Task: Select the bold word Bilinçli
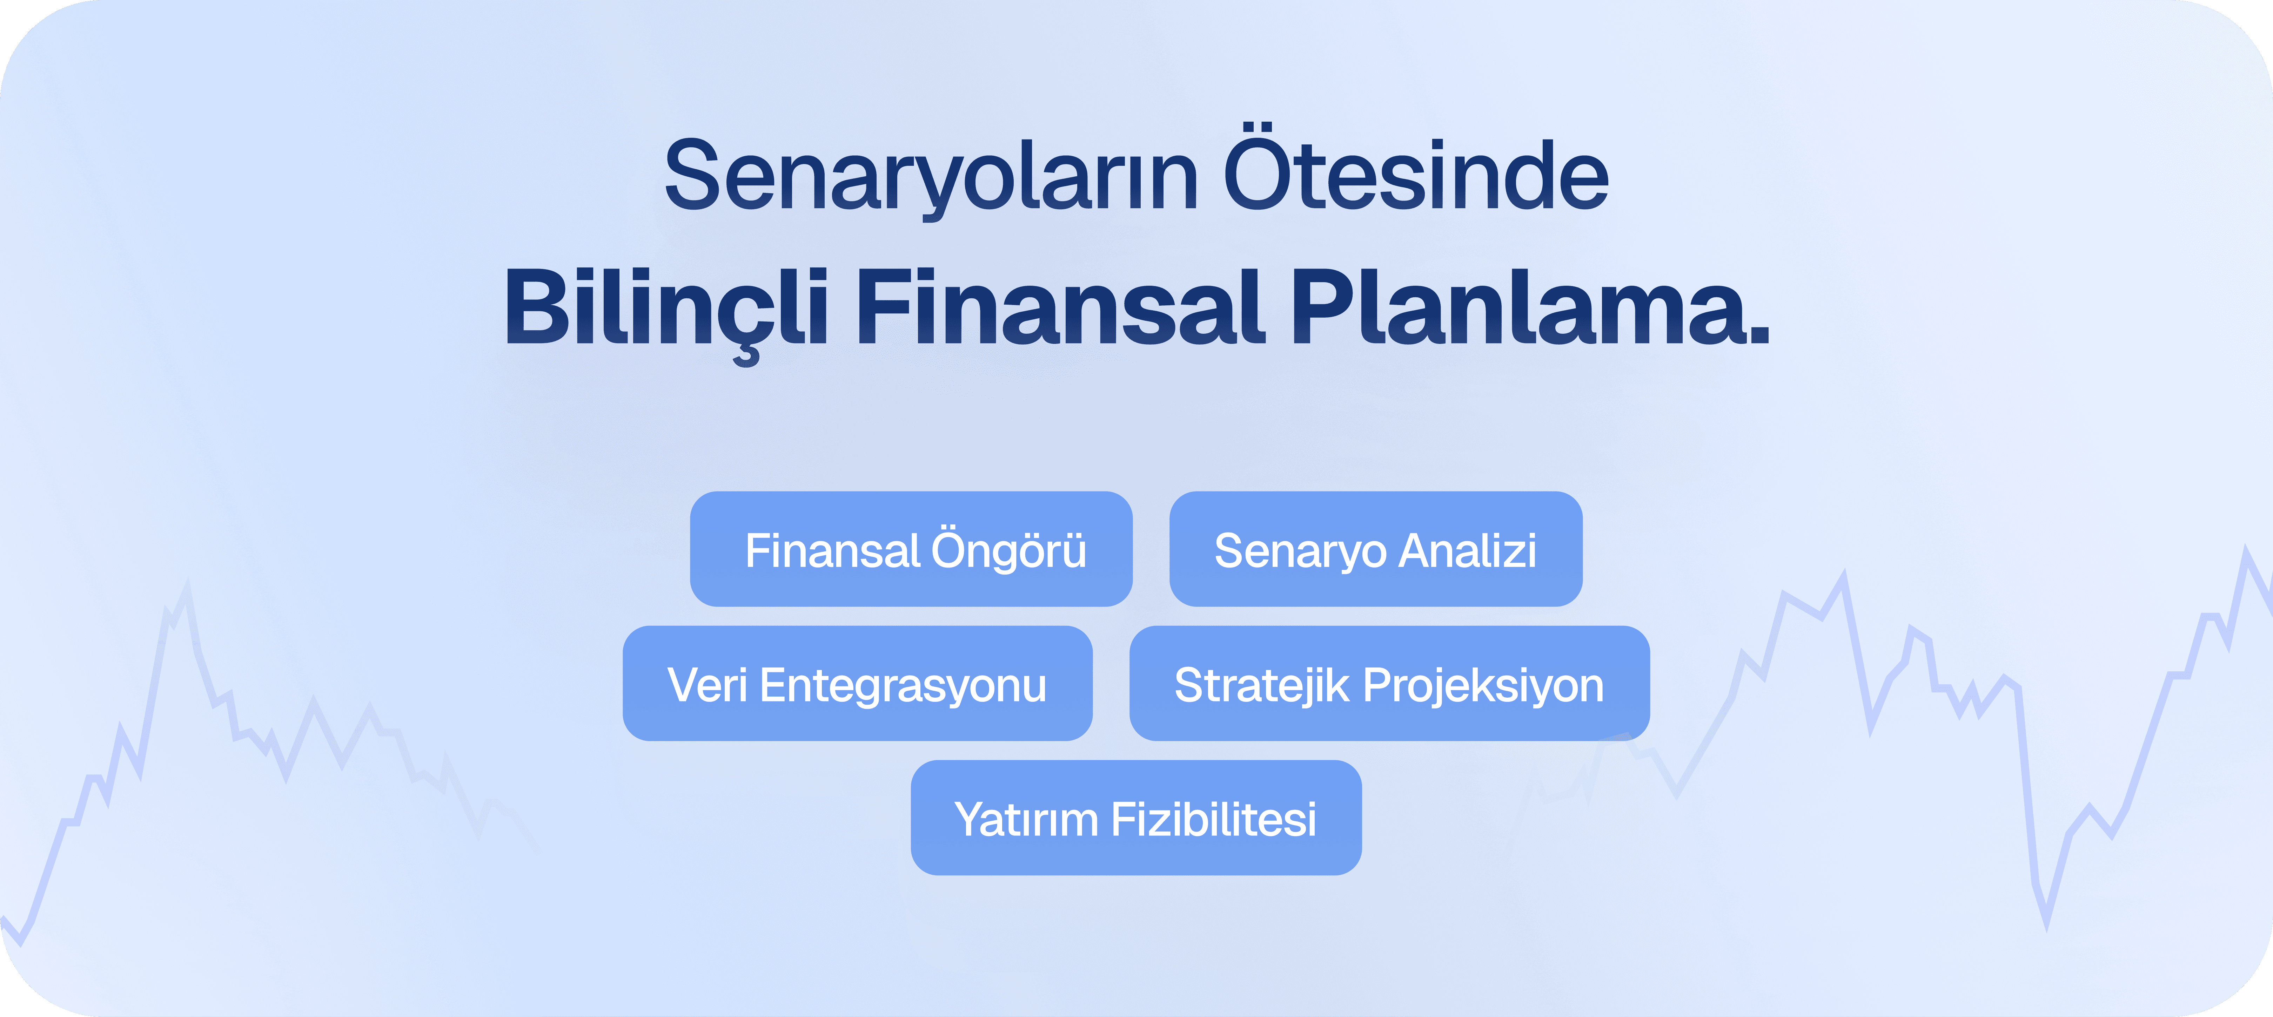tap(666, 309)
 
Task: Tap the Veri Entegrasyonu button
tap(857, 684)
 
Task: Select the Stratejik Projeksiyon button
tap(1389, 684)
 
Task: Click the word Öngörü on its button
tap(1010, 551)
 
